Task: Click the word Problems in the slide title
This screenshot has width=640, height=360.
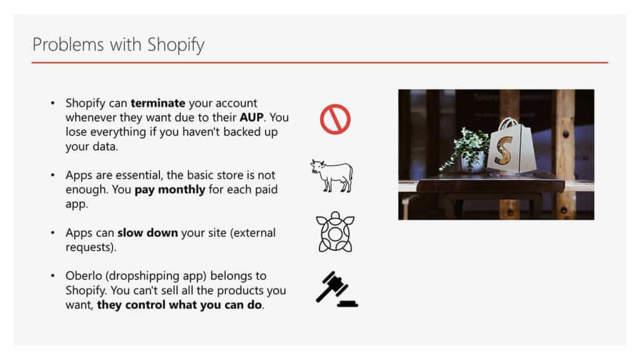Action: point(67,44)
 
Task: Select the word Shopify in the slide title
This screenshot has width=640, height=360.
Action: point(176,45)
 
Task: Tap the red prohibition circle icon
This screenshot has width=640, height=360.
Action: point(335,119)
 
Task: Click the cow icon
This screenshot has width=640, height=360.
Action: point(331,176)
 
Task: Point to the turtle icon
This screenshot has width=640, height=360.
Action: point(335,232)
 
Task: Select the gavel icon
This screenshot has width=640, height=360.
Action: point(336,289)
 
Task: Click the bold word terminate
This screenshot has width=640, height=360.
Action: point(158,103)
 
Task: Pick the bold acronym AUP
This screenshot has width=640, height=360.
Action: point(251,117)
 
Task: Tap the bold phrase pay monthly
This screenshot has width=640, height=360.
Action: point(170,190)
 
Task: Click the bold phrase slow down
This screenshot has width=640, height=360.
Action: point(147,232)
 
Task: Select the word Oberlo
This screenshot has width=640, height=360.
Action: point(84,276)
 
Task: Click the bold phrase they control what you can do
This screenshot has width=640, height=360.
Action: point(179,305)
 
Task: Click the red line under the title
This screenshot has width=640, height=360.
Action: point(320,62)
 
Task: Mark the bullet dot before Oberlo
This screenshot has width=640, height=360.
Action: point(52,276)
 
